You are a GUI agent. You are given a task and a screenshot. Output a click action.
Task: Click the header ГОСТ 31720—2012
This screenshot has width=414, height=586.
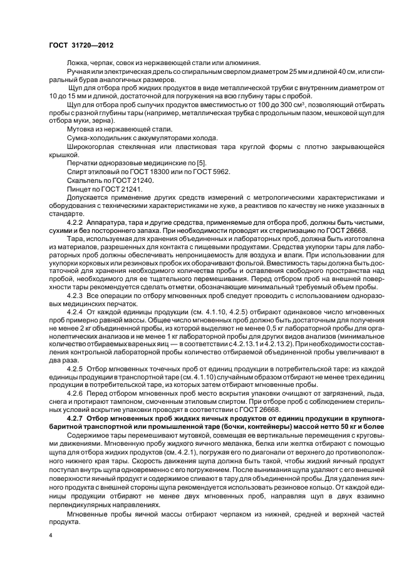78,46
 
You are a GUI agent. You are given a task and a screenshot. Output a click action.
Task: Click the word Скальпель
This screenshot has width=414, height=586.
85,179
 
